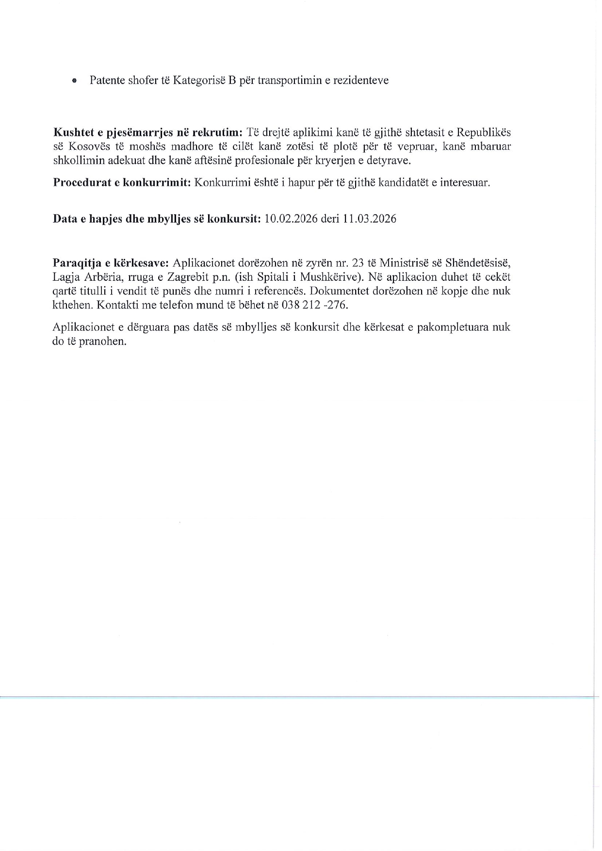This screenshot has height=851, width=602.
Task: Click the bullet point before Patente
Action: [74, 81]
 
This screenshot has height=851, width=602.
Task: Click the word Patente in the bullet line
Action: [107, 80]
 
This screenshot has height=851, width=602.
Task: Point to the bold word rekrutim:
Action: [218, 132]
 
